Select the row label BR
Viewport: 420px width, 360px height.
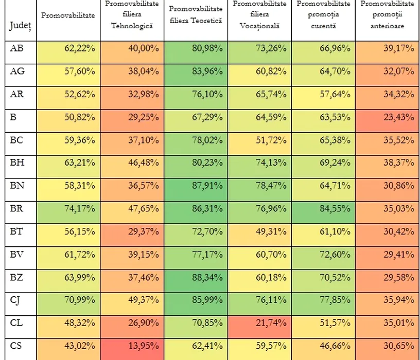[x=17, y=209]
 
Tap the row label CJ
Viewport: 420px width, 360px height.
[x=16, y=300]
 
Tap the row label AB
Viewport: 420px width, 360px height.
[x=16, y=48]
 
